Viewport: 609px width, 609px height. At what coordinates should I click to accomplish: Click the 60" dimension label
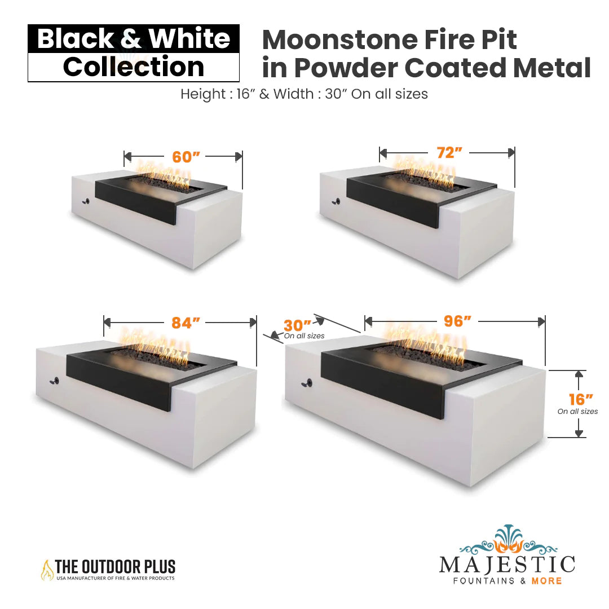click(186, 157)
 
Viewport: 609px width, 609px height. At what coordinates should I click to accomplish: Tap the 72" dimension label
click(449, 153)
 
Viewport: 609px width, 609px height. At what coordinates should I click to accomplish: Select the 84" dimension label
click(186, 323)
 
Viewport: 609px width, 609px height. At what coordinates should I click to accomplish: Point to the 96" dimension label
click(457, 321)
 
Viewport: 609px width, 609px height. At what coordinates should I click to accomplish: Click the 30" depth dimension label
click(297, 325)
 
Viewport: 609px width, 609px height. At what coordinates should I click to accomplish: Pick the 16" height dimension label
click(581, 399)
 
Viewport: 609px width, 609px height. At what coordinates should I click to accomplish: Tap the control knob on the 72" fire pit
click(336, 201)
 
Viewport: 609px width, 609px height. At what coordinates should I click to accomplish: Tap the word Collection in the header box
click(134, 67)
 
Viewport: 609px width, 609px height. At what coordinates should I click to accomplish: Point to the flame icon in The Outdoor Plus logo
click(47, 570)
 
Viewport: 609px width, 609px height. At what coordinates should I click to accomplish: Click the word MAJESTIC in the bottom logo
click(507, 564)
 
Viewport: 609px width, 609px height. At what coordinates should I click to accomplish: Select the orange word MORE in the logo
click(546, 581)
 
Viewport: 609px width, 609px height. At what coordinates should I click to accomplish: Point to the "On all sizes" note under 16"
click(577, 411)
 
